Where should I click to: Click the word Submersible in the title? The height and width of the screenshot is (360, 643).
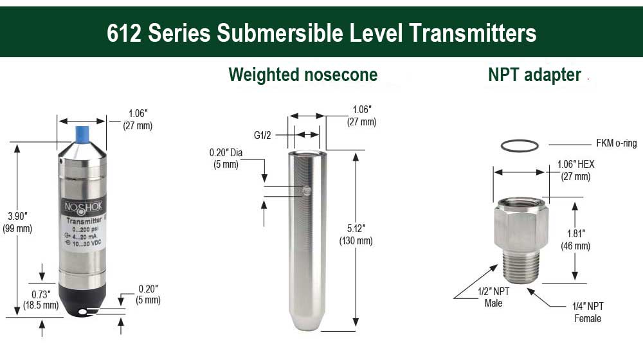click(280, 33)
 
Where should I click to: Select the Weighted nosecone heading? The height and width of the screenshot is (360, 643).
click(303, 75)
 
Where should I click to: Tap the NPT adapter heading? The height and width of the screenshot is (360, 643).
click(534, 75)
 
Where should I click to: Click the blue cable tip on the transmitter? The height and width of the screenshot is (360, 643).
click(82, 134)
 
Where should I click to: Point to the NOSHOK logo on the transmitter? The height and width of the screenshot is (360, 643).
click(83, 207)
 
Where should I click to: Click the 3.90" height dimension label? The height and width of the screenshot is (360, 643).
click(17, 222)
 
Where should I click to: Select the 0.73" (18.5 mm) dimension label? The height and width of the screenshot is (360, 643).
click(41, 300)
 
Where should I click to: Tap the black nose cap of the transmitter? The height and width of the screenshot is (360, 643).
click(82, 299)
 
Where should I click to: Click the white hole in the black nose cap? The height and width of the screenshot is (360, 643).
click(83, 312)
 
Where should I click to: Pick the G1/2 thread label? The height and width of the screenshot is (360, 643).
click(262, 135)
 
